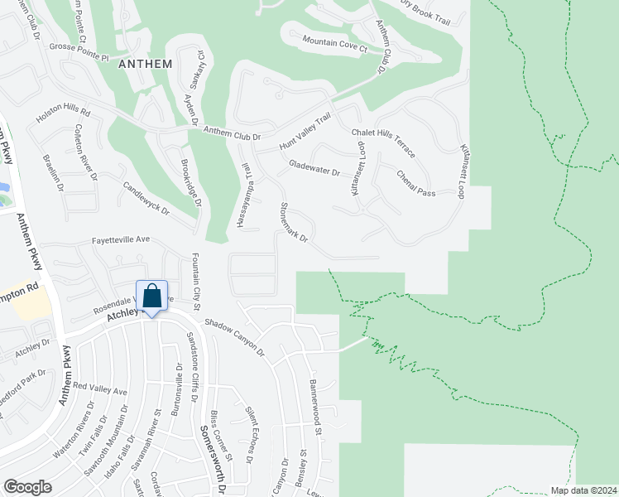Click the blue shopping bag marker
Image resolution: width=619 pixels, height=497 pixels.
[x=153, y=297]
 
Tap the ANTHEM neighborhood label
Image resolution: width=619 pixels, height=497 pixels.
[x=145, y=64]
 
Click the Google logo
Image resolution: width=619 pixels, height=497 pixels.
[x=27, y=487]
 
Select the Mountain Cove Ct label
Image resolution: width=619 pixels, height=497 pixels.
[x=334, y=45]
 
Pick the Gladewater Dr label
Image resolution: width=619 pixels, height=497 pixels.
[x=314, y=168]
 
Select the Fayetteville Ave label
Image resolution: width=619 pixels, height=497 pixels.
[x=120, y=239]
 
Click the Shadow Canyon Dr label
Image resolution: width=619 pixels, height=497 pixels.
[x=233, y=338]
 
